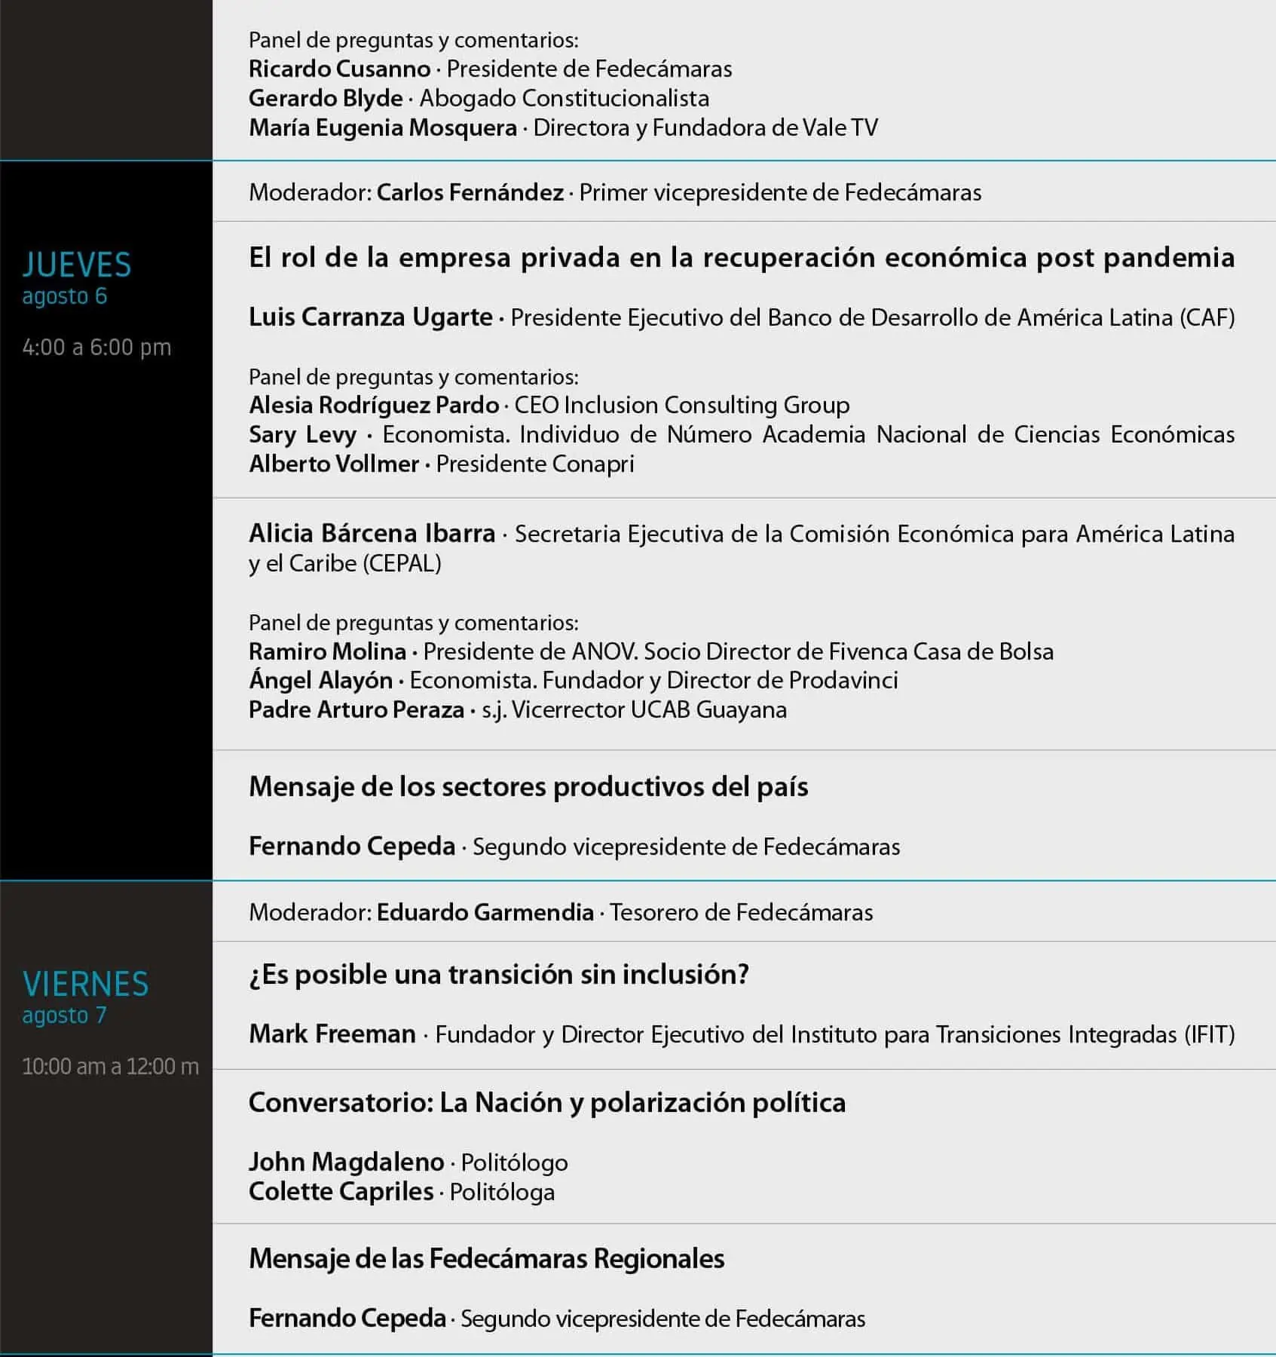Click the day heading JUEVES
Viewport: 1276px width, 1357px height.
pos(77,265)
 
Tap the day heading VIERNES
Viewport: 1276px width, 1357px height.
pos(86,984)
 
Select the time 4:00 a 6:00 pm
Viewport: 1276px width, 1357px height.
pos(96,348)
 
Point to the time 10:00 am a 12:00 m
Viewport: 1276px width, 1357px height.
pos(110,1067)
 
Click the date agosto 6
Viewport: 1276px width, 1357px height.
pos(65,296)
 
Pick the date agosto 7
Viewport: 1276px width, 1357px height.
pos(65,1015)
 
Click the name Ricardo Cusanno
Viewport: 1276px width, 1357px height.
pos(339,69)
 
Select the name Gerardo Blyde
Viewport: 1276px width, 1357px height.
pos(326,99)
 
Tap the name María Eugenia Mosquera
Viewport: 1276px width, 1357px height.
pos(383,128)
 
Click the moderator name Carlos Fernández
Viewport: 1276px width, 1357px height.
pos(470,193)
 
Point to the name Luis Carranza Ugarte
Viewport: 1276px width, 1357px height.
pos(370,317)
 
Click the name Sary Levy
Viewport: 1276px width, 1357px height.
pos(302,435)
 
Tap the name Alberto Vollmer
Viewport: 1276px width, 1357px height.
pos(334,464)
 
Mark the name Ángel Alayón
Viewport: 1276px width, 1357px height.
pos(320,681)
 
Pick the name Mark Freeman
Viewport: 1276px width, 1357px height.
pos(332,1034)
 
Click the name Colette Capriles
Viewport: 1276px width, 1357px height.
pos(341,1192)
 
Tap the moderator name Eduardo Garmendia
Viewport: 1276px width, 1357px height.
pos(485,913)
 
